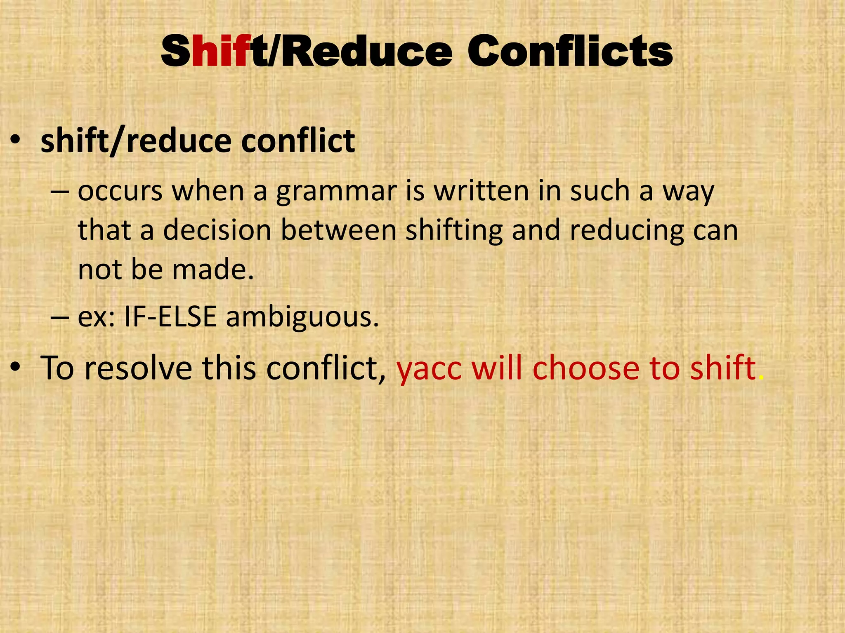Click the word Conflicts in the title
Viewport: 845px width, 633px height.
570,52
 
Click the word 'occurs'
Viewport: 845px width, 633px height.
120,192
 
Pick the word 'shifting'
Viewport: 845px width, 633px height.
454,231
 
